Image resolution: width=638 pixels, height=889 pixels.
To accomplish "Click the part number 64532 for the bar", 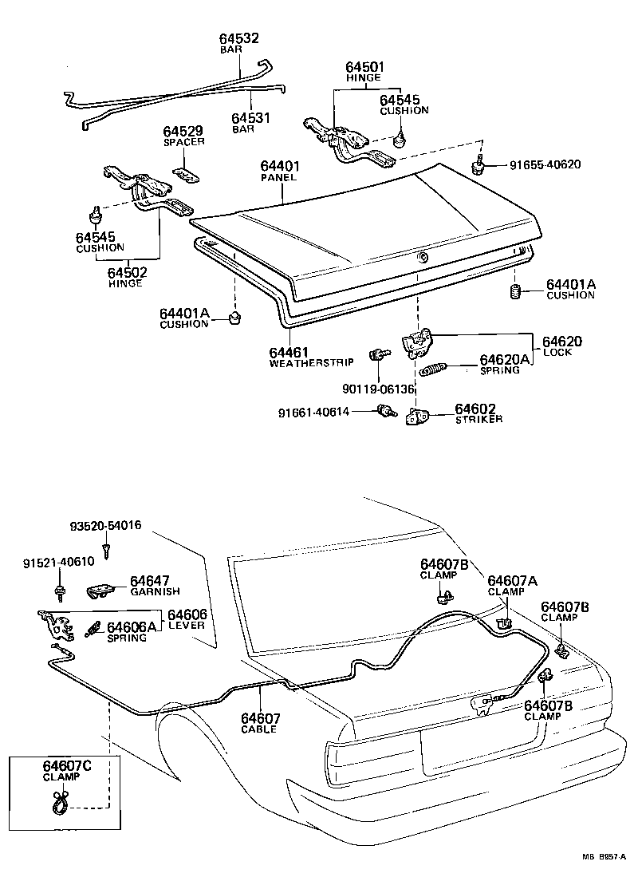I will pyautogui.click(x=239, y=38).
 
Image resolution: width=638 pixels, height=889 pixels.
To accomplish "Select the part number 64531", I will pyautogui.click(x=251, y=118).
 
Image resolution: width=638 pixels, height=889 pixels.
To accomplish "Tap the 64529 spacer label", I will pyautogui.click(x=184, y=132).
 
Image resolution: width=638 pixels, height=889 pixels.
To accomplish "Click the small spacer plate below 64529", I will pyautogui.click(x=185, y=173).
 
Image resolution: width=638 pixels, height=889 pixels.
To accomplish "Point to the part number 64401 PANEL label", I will pyautogui.click(x=279, y=166).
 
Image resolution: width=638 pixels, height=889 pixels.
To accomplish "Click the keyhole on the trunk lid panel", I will pyautogui.click(x=422, y=256).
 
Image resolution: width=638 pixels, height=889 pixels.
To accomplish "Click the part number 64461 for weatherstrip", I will pyautogui.click(x=289, y=352).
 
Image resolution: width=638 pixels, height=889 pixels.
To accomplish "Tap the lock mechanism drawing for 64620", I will pyautogui.click(x=416, y=342).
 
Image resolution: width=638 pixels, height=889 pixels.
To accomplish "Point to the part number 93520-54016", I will pyautogui.click(x=105, y=525).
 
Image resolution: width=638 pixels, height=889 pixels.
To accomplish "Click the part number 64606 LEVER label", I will pyautogui.click(x=187, y=614).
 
